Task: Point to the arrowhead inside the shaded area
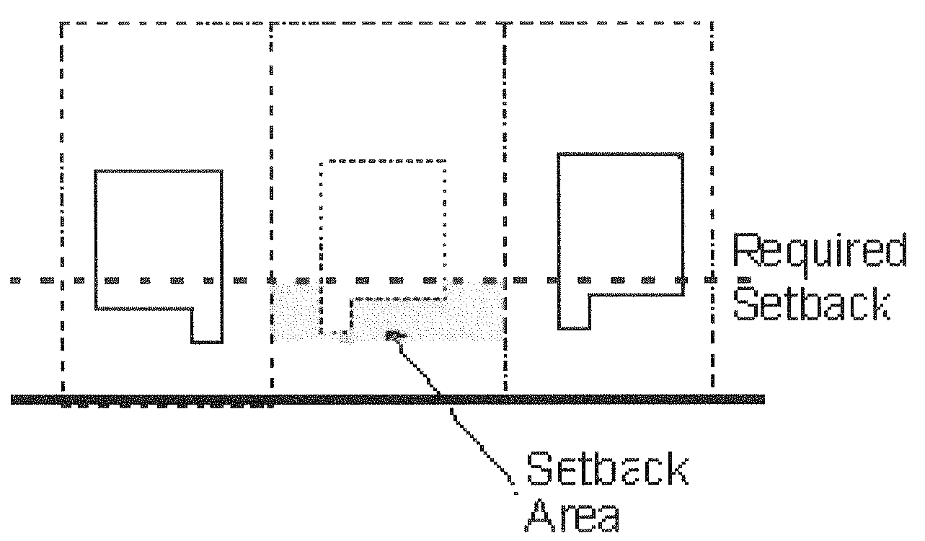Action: (394, 335)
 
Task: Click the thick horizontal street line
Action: (389, 399)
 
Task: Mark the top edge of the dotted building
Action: (382, 159)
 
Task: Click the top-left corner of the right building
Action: (559, 154)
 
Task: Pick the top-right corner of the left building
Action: (221, 172)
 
